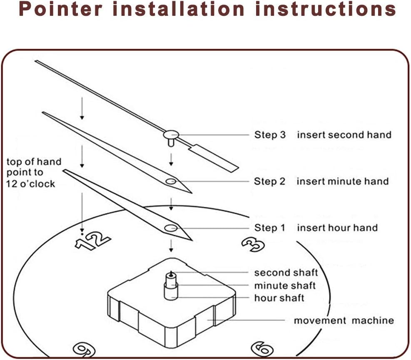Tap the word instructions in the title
325,9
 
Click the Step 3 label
270,135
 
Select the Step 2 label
270,181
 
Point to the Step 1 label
270,228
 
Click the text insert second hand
344,135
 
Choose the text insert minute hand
342,181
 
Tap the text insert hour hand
337,228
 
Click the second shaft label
286,273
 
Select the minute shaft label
285,286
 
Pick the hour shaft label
279,298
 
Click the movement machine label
344,320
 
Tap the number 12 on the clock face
92,241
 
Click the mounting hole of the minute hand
171,181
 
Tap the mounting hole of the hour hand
171,228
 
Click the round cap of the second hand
171,134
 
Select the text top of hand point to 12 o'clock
33,173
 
